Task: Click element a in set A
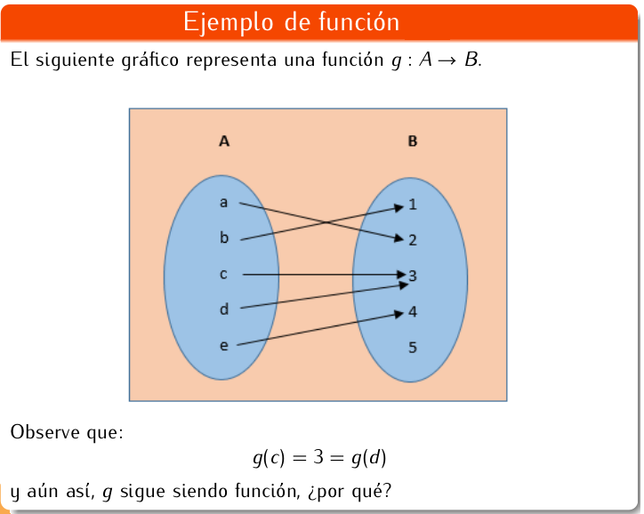pyautogui.click(x=223, y=203)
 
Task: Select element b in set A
pyautogui.click(x=223, y=237)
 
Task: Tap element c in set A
pyautogui.click(x=223, y=274)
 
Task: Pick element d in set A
pyautogui.click(x=223, y=309)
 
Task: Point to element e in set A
pyautogui.click(x=223, y=345)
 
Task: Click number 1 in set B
pyautogui.click(x=413, y=205)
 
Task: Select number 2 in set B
pyautogui.click(x=413, y=240)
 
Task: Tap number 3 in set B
pyautogui.click(x=413, y=276)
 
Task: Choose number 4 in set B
pyautogui.click(x=413, y=312)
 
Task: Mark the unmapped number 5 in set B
pyautogui.click(x=413, y=347)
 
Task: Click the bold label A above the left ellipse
pyautogui.click(x=224, y=141)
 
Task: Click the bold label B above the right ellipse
pyautogui.click(x=413, y=141)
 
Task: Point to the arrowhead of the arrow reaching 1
pyautogui.click(x=399, y=209)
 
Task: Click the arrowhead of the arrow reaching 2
pyautogui.click(x=399, y=237)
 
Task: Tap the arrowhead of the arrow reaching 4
pyautogui.click(x=399, y=313)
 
